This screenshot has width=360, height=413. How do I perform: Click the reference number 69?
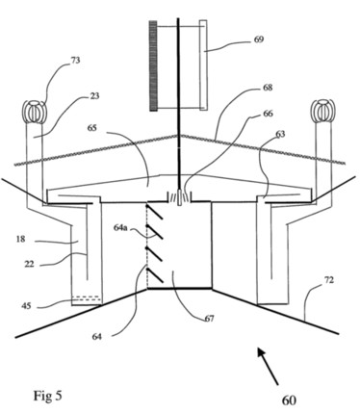tap(258, 39)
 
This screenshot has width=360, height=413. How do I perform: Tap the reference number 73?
tap(75, 60)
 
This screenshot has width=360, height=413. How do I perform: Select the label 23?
tap(94, 95)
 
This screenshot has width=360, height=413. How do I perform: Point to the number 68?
tap(268, 88)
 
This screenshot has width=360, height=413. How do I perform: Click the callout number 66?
tap(268, 114)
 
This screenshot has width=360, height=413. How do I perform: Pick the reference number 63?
tap(280, 134)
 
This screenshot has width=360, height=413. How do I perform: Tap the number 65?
tap(91, 128)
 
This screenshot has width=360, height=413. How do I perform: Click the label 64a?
tap(120, 228)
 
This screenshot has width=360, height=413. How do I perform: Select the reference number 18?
tap(20, 239)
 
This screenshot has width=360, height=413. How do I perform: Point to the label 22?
tap(29, 264)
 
